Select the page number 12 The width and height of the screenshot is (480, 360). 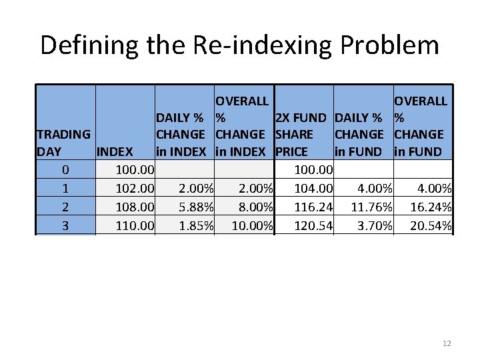click(x=447, y=343)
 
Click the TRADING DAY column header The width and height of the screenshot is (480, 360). click(x=64, y=143)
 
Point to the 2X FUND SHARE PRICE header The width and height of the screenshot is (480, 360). click(x=301, y=135)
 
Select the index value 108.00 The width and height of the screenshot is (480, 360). click(x=135, y=207)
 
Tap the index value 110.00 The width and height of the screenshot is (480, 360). click(x=135, y=226)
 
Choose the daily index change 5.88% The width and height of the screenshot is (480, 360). click(x=196, y=207)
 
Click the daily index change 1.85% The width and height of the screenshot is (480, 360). click(x=196, y=226)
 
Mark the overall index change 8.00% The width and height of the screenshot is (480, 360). click(x=254, y=207)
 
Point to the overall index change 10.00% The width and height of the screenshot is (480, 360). click(x=252, y=226)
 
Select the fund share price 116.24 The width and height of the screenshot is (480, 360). click(x=313, y=207)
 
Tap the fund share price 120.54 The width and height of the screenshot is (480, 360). click(x=313, y=226)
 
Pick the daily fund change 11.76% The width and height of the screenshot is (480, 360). click(x=371, y=207)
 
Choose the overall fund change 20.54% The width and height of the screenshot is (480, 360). click(x=431, y=226)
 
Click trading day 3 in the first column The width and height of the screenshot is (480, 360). click(x=65, y=226)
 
